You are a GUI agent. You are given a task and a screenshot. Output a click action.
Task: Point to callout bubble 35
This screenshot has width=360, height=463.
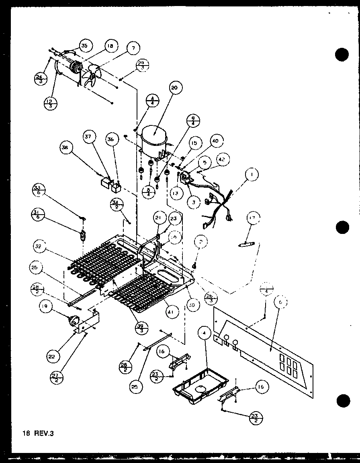pos(84,45)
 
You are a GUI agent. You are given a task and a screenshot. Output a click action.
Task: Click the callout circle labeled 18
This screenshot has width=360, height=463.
pos(110,46)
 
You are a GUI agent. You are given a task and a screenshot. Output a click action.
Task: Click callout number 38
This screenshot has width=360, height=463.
pos(65,148)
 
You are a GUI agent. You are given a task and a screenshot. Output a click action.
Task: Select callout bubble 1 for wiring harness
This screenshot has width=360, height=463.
pos(252,175)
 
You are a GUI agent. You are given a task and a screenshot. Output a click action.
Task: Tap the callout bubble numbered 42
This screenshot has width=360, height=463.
pos(221,159)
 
